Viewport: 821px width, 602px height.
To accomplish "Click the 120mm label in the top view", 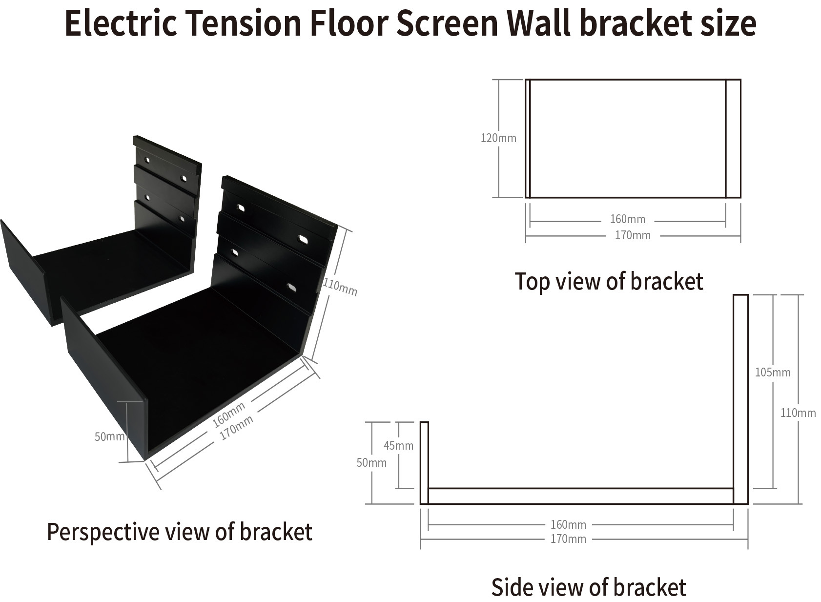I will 498,138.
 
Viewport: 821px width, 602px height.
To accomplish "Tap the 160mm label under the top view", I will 627,219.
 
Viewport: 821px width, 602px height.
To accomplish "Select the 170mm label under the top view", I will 633,235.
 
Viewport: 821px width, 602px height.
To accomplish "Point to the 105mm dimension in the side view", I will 773,373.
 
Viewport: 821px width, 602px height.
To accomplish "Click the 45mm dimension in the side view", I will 398,445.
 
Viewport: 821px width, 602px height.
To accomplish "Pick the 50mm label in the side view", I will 371,462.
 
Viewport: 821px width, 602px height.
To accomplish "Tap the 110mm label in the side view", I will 798,413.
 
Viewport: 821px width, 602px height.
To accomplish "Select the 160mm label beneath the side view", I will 568,525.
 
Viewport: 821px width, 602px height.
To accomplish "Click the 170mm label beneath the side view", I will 568,539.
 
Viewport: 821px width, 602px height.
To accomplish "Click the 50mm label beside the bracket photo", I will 109,436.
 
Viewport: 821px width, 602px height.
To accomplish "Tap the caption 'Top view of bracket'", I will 609,282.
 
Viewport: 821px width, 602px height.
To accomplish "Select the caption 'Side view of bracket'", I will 588,587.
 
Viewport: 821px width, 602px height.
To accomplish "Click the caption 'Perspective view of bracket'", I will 179,532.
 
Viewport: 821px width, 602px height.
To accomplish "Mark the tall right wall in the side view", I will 740,398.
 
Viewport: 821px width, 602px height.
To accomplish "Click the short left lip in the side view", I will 424,462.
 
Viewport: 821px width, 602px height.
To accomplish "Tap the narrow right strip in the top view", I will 733,138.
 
